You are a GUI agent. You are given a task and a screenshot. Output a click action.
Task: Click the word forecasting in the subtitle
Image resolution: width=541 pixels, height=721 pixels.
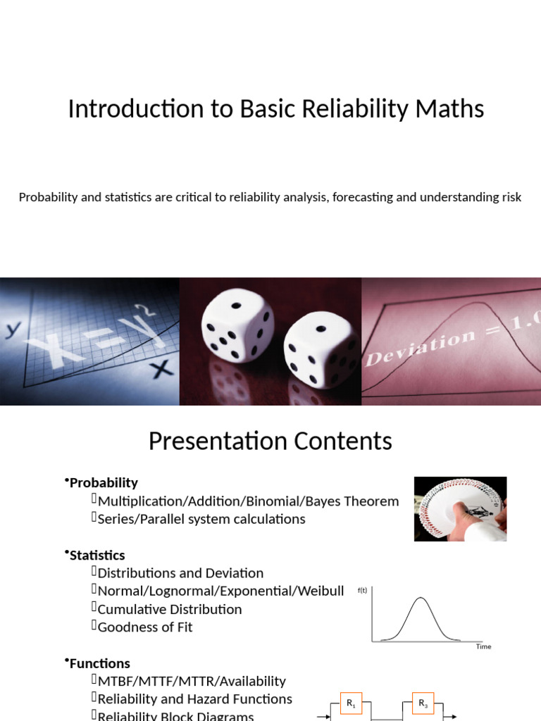[361, 197]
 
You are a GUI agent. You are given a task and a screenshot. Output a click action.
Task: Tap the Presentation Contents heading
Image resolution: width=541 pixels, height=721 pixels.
[270, 441]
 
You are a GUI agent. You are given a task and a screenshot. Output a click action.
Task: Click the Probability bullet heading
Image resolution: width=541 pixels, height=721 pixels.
[104, 483]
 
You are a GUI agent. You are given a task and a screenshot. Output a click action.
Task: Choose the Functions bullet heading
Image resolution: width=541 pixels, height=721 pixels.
[99, 663]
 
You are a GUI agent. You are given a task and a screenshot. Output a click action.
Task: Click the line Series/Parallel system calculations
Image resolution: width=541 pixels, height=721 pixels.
[201, 519]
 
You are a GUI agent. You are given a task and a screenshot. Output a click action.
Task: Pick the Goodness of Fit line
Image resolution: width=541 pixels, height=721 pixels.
[145, 627]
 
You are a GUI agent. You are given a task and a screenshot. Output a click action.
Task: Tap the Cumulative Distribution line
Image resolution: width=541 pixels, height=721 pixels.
[169, 609]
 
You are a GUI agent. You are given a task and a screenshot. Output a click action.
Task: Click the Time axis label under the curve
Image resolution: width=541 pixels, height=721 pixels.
[483, 646]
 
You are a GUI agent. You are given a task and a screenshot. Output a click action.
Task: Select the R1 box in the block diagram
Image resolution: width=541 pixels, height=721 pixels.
[352, 703]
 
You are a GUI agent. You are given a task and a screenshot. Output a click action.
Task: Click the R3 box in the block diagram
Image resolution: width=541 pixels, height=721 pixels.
[423, 703]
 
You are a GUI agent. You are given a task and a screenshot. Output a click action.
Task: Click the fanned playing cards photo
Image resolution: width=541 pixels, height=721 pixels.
[460, 508]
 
